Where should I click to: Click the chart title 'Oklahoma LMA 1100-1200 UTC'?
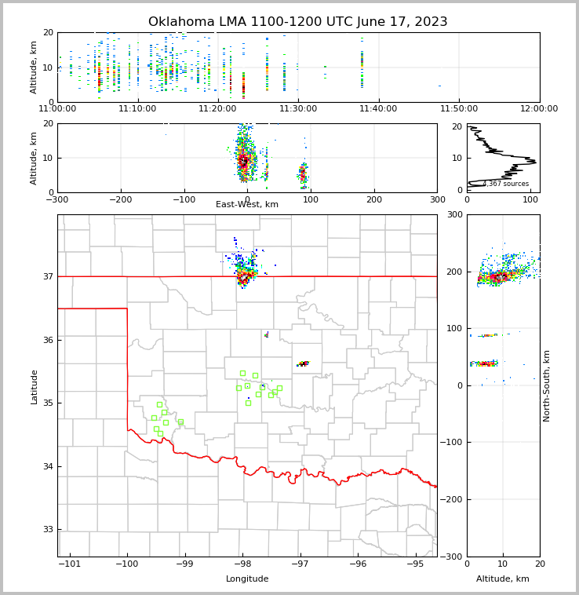[298, 22]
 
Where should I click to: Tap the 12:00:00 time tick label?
[539, 109]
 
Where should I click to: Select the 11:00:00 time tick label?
[58, 109]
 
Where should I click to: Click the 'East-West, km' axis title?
[247, 205]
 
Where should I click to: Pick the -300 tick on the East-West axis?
[57, 199]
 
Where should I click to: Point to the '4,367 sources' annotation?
[505, 184]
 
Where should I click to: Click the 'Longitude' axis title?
[247, 579]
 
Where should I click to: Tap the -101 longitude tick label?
[70, 564]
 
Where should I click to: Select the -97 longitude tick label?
[300, 564]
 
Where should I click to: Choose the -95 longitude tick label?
[416, 564]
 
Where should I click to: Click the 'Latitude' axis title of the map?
[35, 386]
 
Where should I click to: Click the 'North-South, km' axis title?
[547, 385]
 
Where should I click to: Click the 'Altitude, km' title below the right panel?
[503, 579]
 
